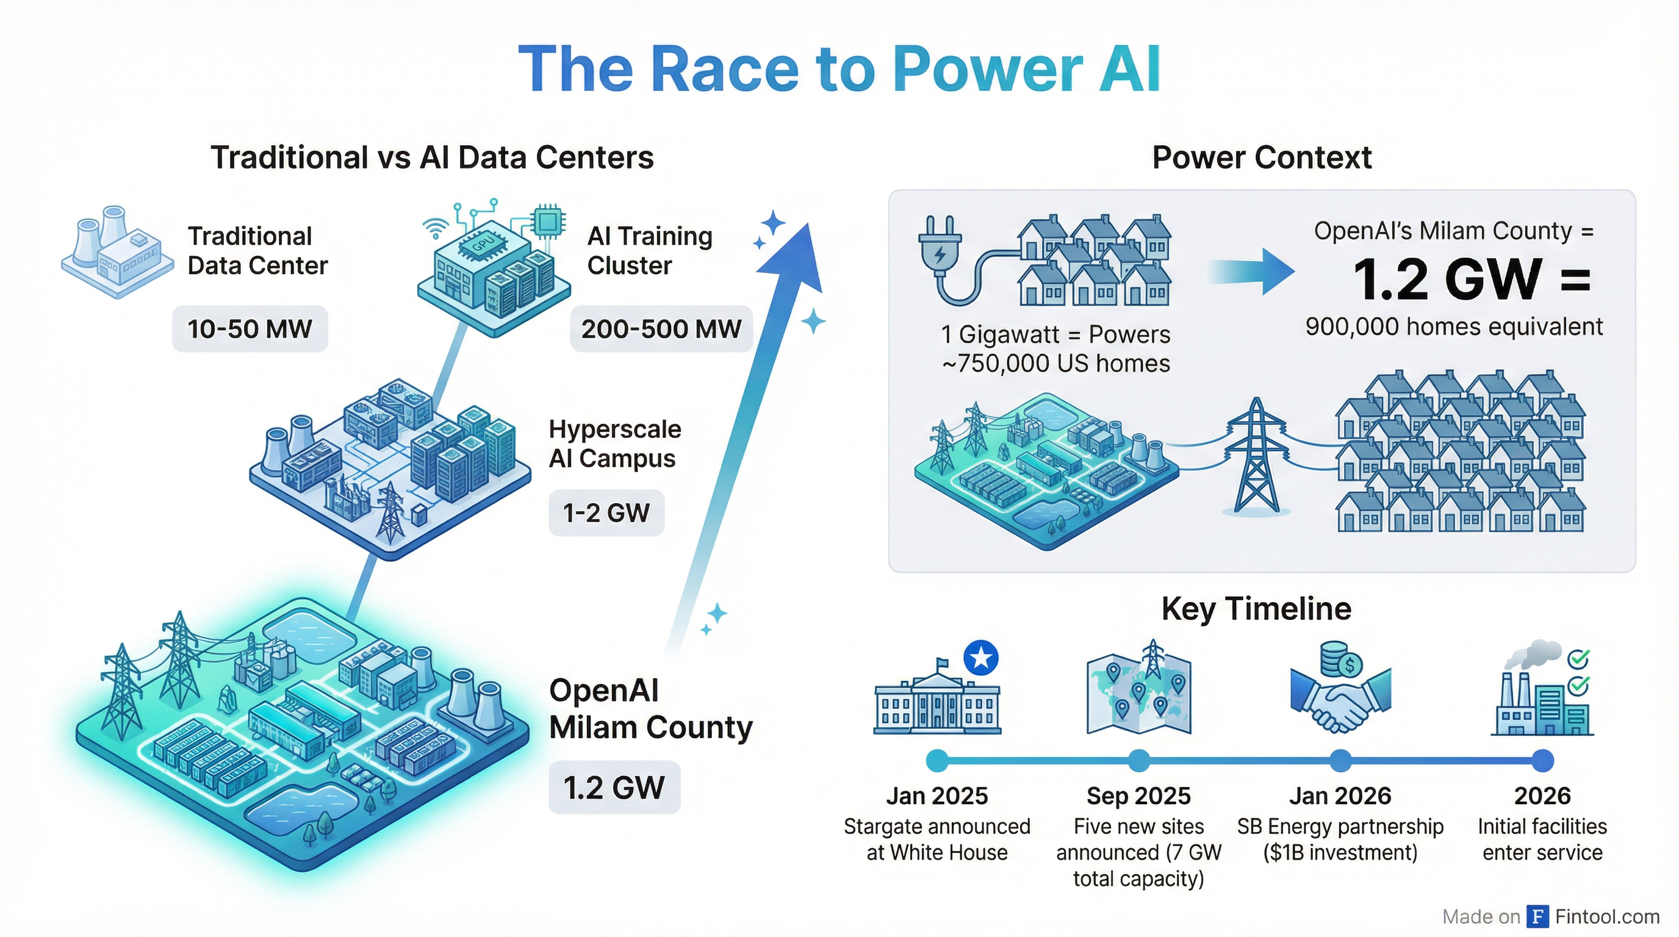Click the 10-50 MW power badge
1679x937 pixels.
250,329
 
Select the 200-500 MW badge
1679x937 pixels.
661,329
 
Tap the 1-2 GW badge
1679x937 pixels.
606,513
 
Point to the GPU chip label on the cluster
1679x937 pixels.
483,243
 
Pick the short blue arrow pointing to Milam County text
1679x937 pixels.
1251,271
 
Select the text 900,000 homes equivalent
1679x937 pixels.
1453,326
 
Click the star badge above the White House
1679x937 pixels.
981,658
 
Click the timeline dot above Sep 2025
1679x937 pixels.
1138,759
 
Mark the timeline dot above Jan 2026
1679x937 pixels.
1340,759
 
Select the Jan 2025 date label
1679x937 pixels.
937,795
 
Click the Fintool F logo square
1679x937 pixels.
1538,916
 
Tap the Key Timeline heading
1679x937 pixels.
1256,609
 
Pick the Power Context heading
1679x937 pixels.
1261,157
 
